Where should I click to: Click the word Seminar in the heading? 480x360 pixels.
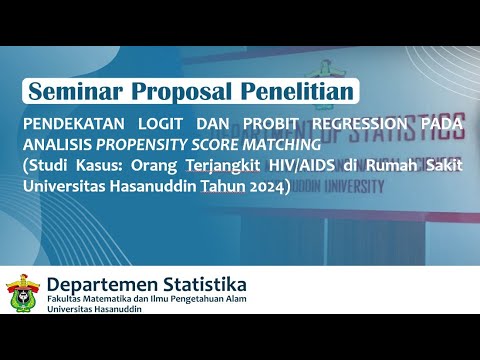tap(76, 91)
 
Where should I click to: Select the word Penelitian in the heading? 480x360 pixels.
tap(296, 91)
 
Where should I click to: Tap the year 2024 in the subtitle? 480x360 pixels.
tap(265, 185)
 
